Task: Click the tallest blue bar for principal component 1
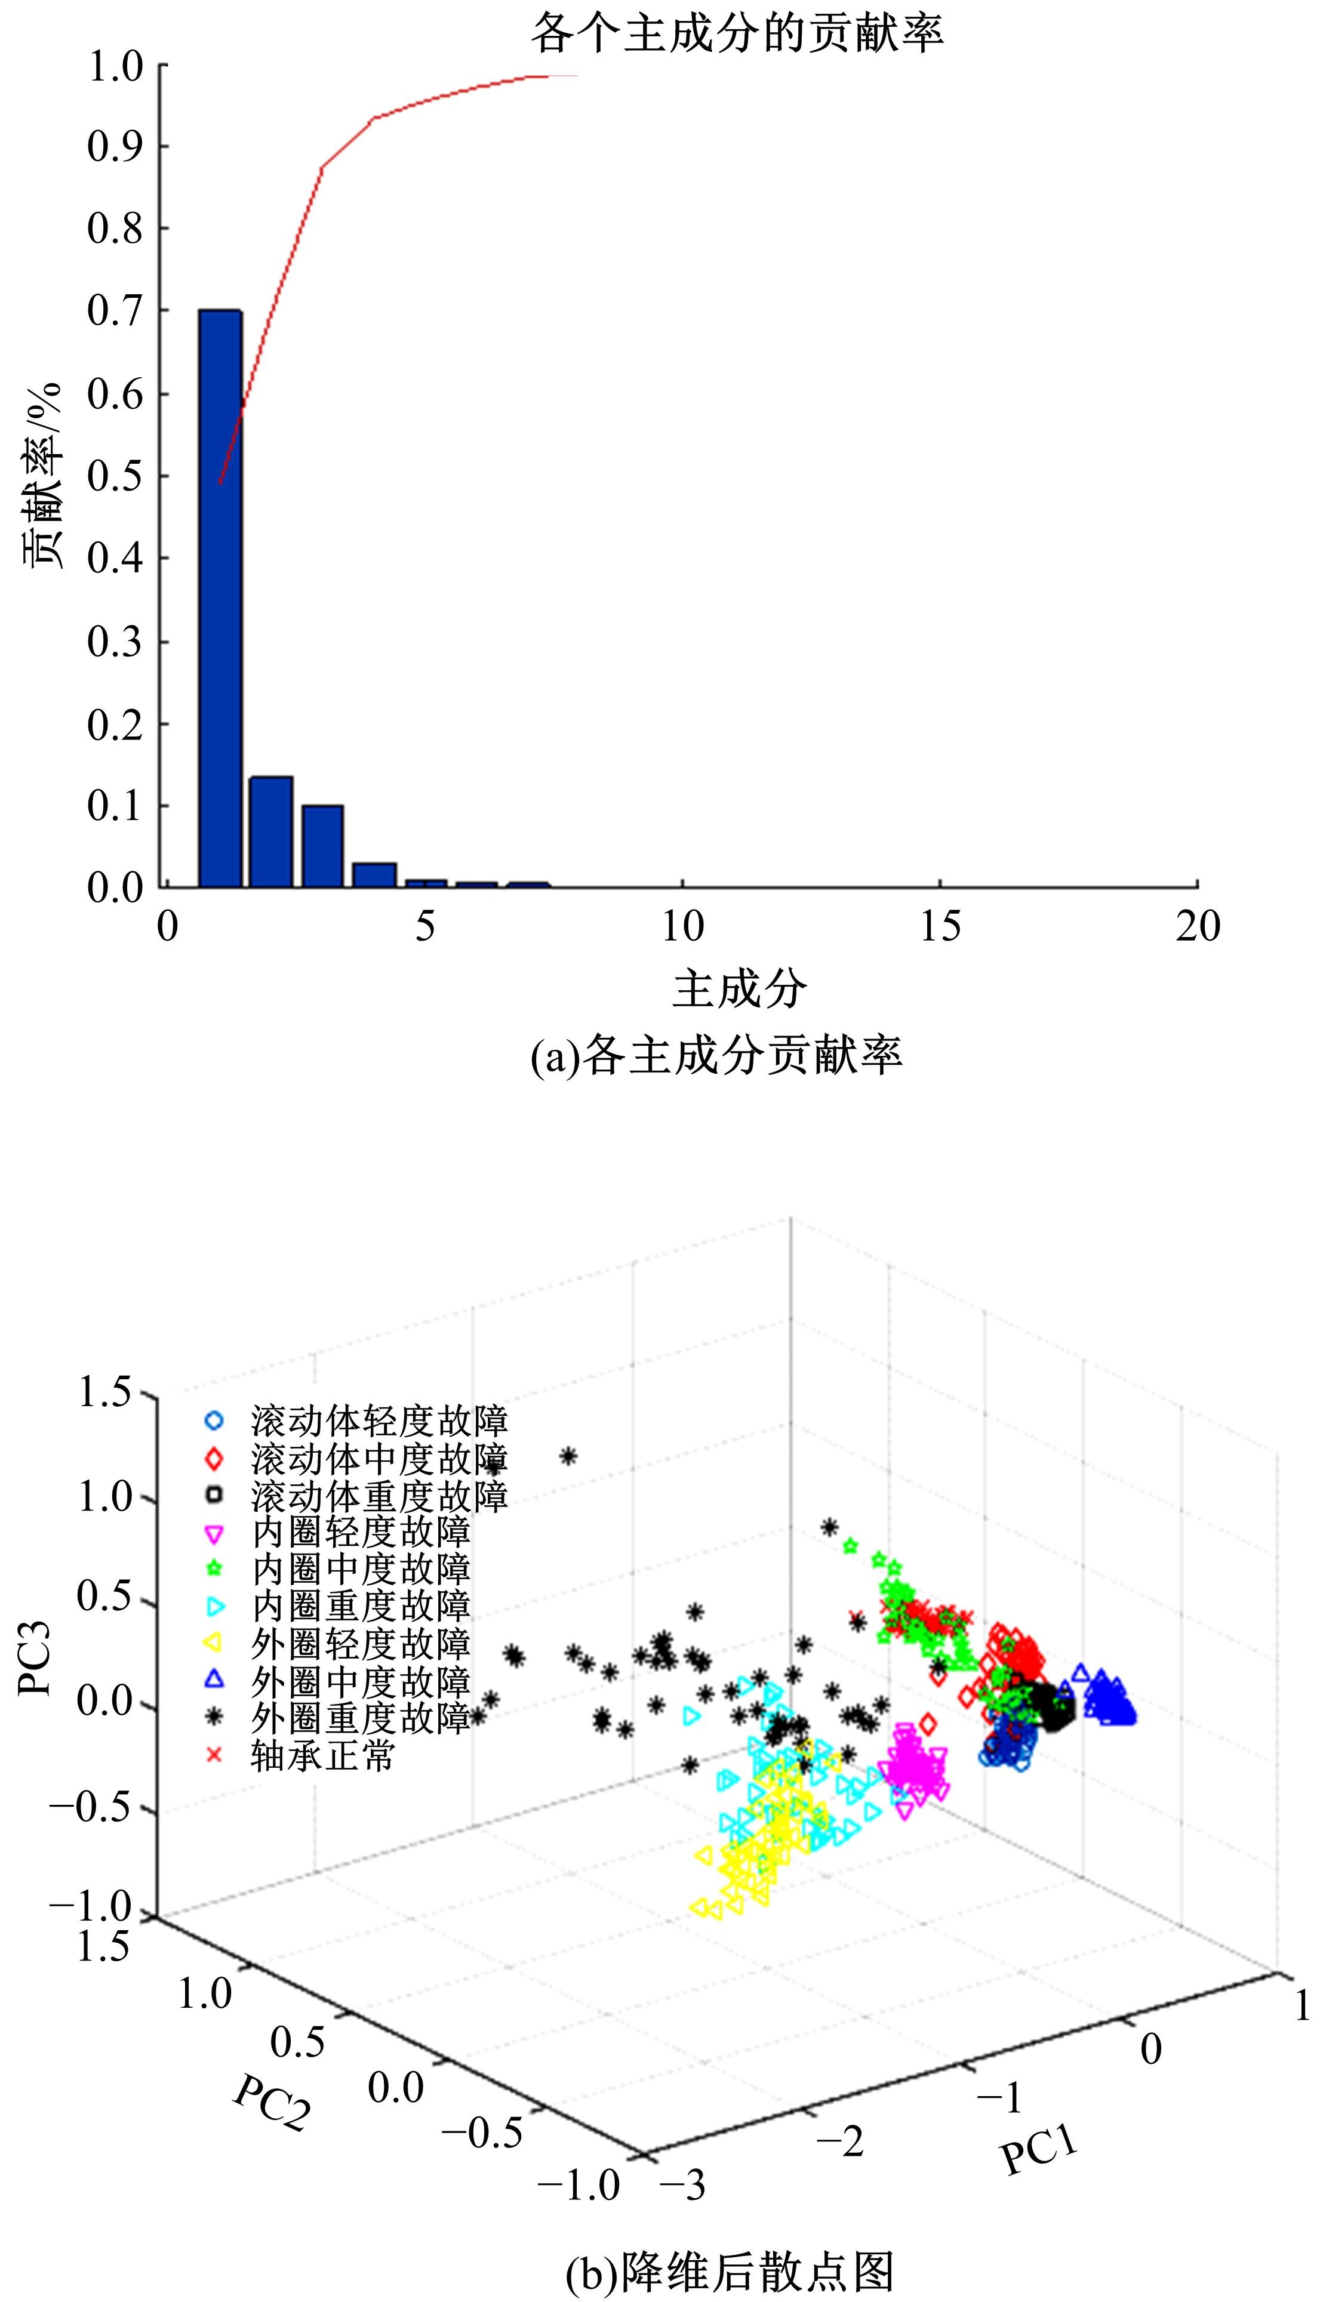[x=220, y=598]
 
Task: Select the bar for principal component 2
[x=271, y=832]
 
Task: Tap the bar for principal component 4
[x=374, y=874]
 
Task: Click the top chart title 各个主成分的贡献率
[x=737, y=33]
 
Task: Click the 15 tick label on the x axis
[x=940, y=927]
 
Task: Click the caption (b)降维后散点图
[x=730, y=2269]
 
